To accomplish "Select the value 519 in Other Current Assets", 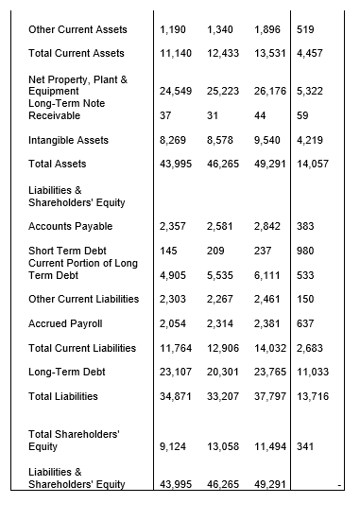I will point(305,29).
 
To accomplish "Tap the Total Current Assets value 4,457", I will point(309,53).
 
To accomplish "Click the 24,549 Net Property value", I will point(177,91).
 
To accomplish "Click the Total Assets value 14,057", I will point(313,164).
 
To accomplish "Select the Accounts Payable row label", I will point(70,227).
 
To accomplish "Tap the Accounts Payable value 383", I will point(305,227).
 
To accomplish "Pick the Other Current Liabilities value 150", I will point(305,299).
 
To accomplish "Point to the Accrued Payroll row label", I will point(64,323).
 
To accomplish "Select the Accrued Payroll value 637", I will point(305,323).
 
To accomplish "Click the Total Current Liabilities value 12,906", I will point(224,348).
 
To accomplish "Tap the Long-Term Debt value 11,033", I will point(313,372).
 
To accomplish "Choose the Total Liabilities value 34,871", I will point(177,395).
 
